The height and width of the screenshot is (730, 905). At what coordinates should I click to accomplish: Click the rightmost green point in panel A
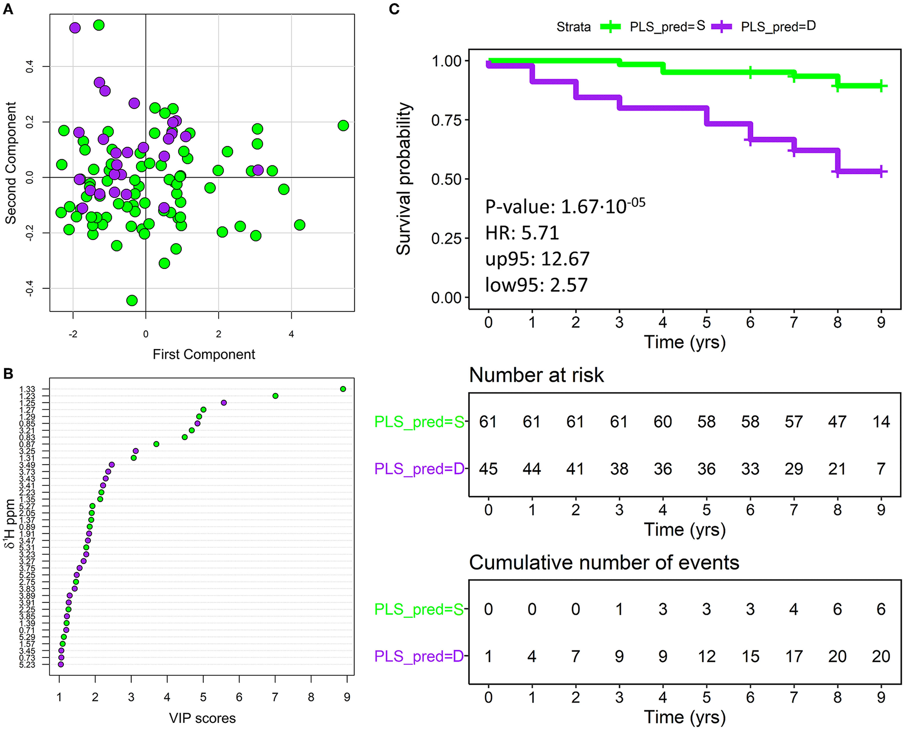[x=343, y=126]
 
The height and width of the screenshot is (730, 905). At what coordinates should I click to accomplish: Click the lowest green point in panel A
[x=132, y=300]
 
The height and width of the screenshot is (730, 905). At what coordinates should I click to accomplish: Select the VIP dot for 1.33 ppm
[x=343, y=389]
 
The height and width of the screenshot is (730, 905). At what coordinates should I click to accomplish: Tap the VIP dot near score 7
[x=275, y=396]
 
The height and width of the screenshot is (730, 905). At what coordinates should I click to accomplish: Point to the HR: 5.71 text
[x=522, y=233]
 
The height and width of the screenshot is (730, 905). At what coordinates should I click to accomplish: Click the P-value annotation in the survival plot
[x=565, y=206]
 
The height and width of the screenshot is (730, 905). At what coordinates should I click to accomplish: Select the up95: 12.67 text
[x=537, y=259]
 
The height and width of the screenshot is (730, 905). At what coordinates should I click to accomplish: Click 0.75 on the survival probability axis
[x=446, y=120]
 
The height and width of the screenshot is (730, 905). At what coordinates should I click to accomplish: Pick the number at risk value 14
[x=881, y=422]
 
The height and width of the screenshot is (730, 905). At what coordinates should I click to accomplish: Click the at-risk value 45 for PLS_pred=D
[x=488, y=469]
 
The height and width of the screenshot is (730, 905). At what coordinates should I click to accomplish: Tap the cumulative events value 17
[x=794, y=656]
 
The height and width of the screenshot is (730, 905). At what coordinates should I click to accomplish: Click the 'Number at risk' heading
[x=536, y=375]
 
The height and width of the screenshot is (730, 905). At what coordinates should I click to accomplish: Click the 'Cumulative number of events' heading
[x=604, y=563]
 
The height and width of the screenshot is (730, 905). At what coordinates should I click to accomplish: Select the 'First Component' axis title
[x=204, y=354]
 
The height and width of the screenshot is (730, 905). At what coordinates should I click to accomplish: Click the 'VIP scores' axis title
[x=202, y=718]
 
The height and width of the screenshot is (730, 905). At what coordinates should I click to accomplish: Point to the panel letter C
[x=394, y=9]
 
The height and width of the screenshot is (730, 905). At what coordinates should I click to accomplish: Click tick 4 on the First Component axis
[x=291, y=334]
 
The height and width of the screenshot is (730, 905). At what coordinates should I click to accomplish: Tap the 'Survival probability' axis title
[x=403, y=179]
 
